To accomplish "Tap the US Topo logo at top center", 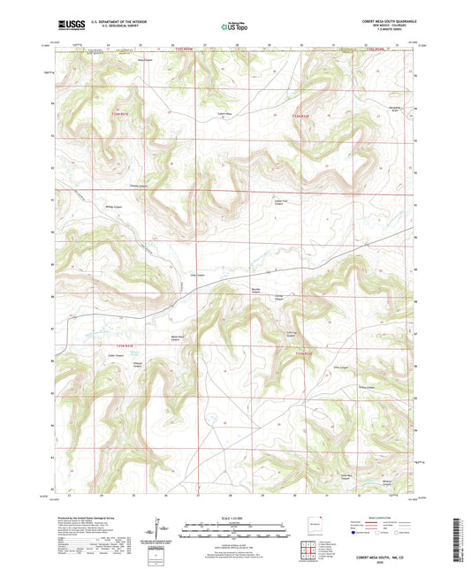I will pyautogui.click(x=235, y=27).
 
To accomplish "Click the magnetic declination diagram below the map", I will pyautogui.click(x=165, y=529).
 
